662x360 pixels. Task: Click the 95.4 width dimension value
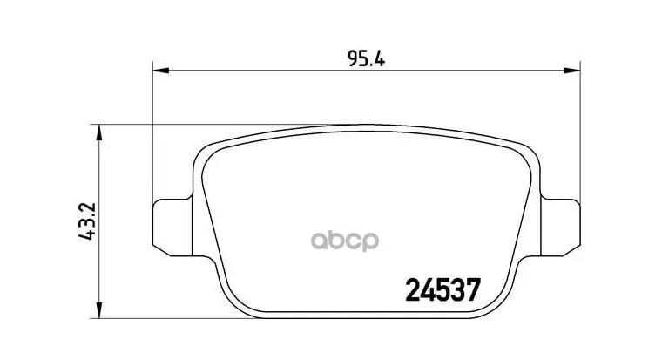(366, 58)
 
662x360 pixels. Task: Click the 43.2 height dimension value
(88, 221)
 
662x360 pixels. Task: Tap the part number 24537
(443, 290)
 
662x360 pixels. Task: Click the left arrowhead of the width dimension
(161, 70)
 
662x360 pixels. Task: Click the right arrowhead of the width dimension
(572, 70)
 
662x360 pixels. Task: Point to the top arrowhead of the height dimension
(98, 132)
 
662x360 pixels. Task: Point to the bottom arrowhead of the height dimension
(98, 310)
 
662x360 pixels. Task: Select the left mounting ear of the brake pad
(172, 228)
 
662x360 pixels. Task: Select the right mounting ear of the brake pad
(561, 228)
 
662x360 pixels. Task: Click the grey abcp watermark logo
(345, 241)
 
